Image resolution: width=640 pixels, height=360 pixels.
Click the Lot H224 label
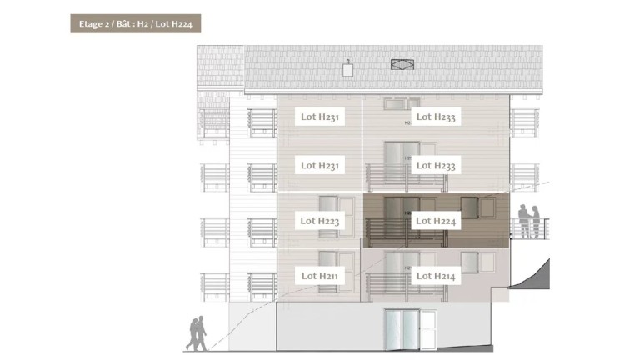click(436, 221)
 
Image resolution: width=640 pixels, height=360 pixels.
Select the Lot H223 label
click(320, 221)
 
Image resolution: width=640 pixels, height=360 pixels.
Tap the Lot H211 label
click(320, 276)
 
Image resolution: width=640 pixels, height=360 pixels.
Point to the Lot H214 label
click(436, 276)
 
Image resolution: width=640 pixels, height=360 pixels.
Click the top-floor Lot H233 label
click(436, 117)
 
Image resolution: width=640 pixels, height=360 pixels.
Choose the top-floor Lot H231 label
click(320, 117)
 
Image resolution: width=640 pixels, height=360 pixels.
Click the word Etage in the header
click(91, 24)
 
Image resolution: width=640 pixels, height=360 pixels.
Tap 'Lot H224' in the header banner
click(174, 24)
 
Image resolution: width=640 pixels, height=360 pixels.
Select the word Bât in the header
click(124, 23)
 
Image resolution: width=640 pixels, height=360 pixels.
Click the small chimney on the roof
click(347, 68)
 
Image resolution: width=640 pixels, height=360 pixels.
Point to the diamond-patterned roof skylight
click(402, 64)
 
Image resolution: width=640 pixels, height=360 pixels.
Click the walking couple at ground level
click(197, 333)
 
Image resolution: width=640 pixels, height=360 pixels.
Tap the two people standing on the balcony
click(529, 221)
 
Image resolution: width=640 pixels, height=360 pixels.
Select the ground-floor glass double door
click(402, 329)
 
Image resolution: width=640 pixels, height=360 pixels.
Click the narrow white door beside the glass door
click(428, 330)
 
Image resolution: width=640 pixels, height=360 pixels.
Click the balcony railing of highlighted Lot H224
click(406, 232)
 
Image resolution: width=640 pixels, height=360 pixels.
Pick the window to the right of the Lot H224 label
click(478, 207)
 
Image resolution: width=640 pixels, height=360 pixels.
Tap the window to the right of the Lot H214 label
click(478, 262)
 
